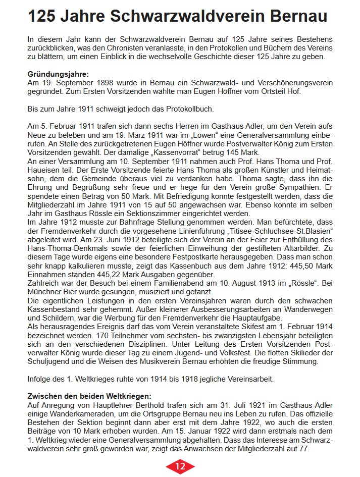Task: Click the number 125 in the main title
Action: (44, 17)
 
